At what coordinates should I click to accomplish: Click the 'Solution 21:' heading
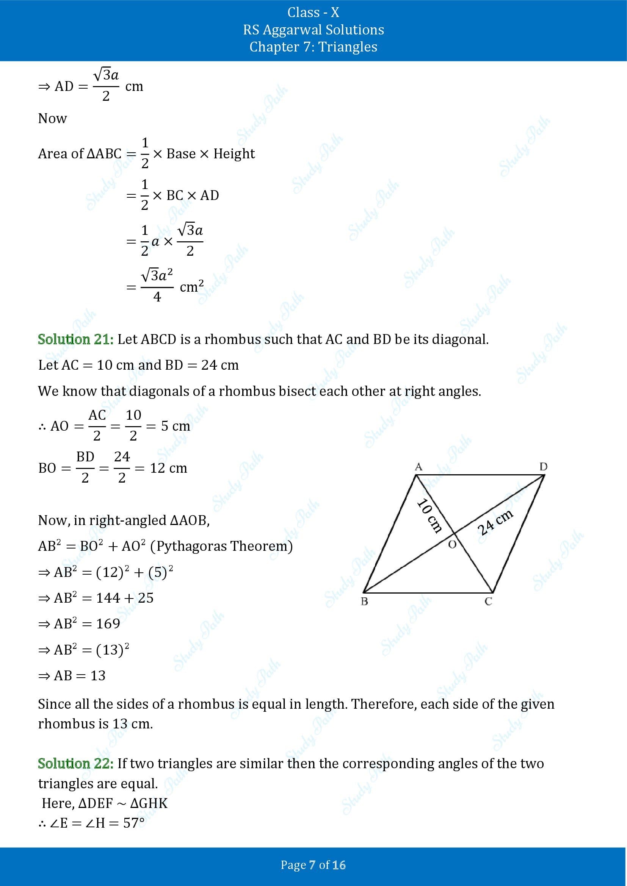pyautogui.click(x=76, y=339)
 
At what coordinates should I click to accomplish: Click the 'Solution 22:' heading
pyautogui.click(x=76, y=763)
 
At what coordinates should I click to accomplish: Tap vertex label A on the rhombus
pyautogui.click(x=418, y=467)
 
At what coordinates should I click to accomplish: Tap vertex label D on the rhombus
pyautogui.click(x=543, y=467)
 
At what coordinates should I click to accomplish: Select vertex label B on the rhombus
pyautogui.click(x=364, y=601)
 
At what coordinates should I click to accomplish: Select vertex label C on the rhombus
pyautogui.click(x=488, y=601)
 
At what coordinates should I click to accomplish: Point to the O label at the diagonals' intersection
pyautogui.click(x=452, y=544)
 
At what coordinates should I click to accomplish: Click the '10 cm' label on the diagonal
pyautogui.click(x=429, y=516)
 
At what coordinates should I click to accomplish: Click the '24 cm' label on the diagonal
pyautogui.click(x=495, y=522)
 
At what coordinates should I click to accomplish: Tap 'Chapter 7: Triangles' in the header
pyautogui.click(x=313, y=47)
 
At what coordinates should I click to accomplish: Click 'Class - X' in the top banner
pyautogui.click(x=313, y=13)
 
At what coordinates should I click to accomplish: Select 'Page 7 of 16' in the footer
pyautogui.click(x=313, y=865)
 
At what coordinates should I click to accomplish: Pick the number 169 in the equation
pyautogui.click(x=108, y=623)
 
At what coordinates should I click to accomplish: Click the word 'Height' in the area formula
pyautogui.click(x=234, y=154)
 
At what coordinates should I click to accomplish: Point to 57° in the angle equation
pyautogui.click(x=133, y=823)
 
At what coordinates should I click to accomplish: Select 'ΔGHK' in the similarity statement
pyautogui.click(x=149, y=803)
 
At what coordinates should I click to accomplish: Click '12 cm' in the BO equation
pyautogui.click(x=168, y=468)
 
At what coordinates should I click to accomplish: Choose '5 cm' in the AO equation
pyautogui.click(x=176, y=426)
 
